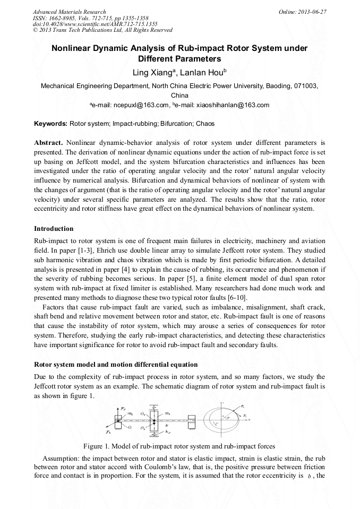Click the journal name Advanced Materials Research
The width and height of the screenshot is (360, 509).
69,11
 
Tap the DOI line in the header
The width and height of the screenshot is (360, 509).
95,24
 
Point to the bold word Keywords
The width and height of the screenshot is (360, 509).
50,124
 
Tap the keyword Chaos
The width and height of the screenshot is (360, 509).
205,124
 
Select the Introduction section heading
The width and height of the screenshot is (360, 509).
54,229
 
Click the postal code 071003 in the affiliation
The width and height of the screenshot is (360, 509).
306,85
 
